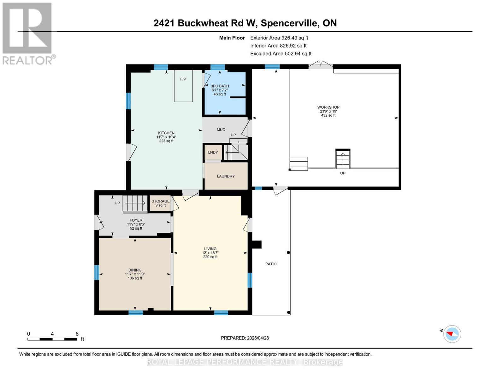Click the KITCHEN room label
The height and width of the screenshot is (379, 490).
click(166, 133)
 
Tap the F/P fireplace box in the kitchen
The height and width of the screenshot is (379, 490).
click(183, 86)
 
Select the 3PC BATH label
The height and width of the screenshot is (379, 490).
click(220, 86)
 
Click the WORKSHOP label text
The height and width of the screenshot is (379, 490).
click(328, 107)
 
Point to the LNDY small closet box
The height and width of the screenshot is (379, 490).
click(213, 153)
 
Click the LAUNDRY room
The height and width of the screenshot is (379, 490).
click(226, 176)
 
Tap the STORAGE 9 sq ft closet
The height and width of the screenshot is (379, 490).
click(160, 203)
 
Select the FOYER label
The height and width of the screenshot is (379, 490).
click(136, 220)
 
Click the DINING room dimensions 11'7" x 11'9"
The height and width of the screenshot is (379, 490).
click(135, 274)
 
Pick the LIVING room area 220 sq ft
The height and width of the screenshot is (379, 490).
click(210, 257)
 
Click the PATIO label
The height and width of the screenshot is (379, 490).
click(271, 264)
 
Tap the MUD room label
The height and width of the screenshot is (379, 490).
click(221, 130)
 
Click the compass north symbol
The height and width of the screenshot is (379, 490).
click(452, 334)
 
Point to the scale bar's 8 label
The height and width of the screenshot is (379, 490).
click(77, 334)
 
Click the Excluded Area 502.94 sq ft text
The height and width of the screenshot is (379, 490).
click(280, 54)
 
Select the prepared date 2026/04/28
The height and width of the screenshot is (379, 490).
click(257, 338)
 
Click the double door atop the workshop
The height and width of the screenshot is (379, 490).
click(320, 65)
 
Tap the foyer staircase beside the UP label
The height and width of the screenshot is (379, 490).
click(135, 203)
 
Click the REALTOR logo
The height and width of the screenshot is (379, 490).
click(28, 33)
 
